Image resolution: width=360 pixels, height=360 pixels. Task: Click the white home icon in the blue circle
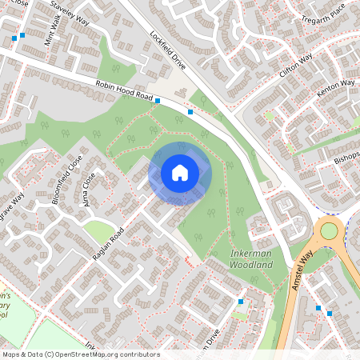coord(180,172)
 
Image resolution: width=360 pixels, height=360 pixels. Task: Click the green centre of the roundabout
coord(329,231)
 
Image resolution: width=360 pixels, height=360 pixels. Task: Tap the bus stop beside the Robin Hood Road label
coord(158,101)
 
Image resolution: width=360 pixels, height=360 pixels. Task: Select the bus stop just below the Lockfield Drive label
coord(190,112)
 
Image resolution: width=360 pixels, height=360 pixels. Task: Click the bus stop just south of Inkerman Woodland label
coord(241,301)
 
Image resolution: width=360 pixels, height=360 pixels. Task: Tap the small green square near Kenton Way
coord(270,116)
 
